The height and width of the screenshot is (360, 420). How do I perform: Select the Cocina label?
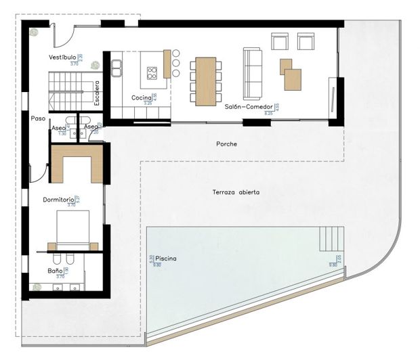141,98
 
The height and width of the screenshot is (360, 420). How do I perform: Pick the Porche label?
226,144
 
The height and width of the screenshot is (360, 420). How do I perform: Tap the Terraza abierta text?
236,192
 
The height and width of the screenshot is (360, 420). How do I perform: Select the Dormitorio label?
58,200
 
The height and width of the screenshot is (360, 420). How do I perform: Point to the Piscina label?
166,259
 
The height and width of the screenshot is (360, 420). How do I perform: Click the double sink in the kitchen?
118,68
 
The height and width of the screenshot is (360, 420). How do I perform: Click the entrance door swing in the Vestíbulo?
63,33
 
